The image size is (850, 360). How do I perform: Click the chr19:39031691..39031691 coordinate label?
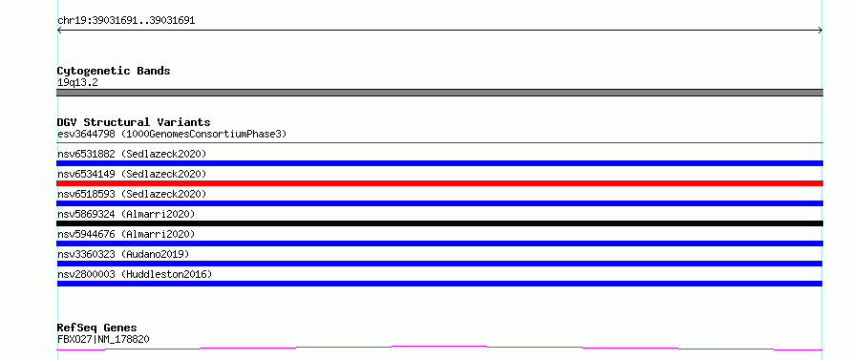point(126,21)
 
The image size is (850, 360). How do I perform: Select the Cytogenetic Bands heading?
point(114,71)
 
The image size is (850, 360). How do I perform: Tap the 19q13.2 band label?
point(77,83)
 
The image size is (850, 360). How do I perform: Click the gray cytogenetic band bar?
point(439,93)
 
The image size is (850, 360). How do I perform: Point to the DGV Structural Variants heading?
point(134,122)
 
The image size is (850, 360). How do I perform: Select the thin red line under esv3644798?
point(439,143)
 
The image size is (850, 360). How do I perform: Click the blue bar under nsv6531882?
point(439,163)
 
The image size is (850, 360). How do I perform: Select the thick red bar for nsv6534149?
point(439,183)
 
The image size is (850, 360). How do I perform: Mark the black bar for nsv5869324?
point(439,223)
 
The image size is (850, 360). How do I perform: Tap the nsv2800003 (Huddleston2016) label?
point(135,274)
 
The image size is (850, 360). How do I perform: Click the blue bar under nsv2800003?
point(439,284)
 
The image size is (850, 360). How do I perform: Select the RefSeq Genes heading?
point(97,328)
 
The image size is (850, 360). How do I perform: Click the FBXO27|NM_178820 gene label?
point(103,340)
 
